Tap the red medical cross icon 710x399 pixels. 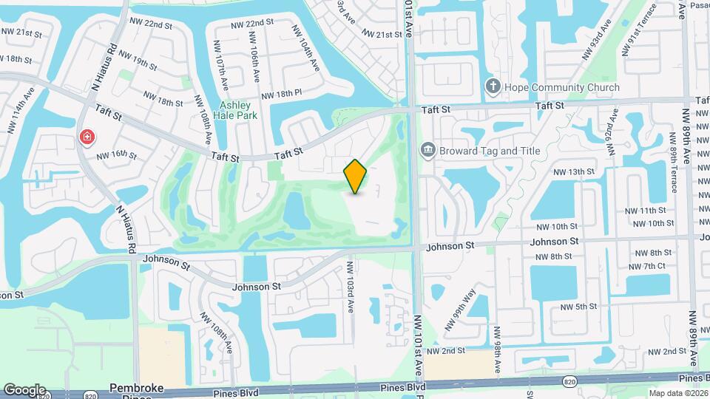pos(87,137)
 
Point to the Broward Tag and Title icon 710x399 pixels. pos(427,151)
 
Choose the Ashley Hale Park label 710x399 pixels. pos(237,110)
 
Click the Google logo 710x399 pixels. pos(24,389)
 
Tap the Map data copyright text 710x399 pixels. pos(680,392)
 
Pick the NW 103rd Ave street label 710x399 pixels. pos(350,286)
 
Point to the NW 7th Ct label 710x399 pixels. pos(648,266)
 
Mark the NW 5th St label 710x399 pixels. pos(578,307)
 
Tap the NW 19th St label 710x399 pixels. pos(137,61)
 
